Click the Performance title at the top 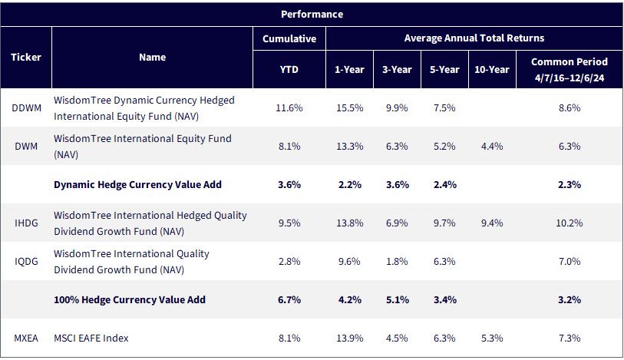[x=312, y=15]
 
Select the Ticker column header [x=26, y=58]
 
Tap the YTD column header [x=289, y=70]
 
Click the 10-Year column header [x=492, y=70]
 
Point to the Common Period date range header [x=570, y=70]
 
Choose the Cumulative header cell [x=289, y=38]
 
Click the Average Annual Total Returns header [x=474, y=38]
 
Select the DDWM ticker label [x=26, y=107]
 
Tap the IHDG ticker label [x=26, y=223]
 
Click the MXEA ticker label [x=26, y=338]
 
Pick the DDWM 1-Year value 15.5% [x=349, y=107]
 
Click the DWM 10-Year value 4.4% [x=492, y=147]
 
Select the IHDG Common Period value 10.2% [x=570, y=223]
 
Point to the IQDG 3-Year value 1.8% [x=397, y=261]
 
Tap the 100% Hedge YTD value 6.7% [x=289, y=299]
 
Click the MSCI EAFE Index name [x=91, y=338]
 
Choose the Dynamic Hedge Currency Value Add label [x=137, y=184]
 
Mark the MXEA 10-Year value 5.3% [x=492, y=338]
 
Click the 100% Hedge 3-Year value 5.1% [x=397, y=299]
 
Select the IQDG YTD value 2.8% [x=289, y=261]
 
